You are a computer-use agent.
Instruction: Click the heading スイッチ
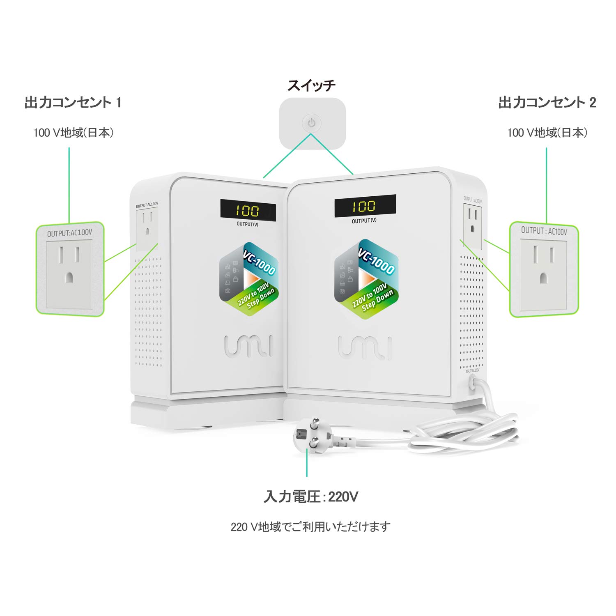311,85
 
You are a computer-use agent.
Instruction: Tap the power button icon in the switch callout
312,123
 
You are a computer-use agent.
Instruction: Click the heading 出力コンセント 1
73,102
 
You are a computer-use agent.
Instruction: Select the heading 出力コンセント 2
547,102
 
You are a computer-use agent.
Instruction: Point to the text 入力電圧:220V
311,497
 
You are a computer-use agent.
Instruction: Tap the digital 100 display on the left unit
248,211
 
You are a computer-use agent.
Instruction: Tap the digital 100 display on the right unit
365,206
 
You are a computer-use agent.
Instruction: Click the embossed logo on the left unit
248,346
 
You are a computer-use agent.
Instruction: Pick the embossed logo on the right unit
365,347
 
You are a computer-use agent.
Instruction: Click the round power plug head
309,435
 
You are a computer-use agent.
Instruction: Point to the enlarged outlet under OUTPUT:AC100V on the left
69,274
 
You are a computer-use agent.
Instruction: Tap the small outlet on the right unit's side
473,226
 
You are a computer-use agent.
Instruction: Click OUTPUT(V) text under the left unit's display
248,224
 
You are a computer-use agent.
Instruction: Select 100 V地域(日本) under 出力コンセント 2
547,133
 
